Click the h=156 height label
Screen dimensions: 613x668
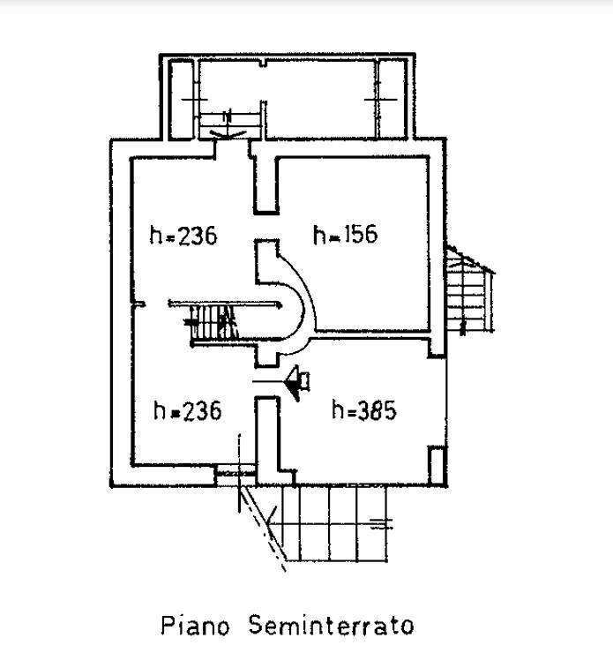click(345, 235)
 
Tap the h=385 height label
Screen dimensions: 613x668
click(364, 410)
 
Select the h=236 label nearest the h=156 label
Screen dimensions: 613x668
click(183, 235)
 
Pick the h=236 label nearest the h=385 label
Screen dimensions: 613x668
click(187, 410)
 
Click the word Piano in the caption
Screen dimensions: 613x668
click(196, 626)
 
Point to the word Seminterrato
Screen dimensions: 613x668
click(331, 625)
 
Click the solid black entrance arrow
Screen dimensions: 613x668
click(297, 381)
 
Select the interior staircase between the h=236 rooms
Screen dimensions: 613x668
click(213, 323)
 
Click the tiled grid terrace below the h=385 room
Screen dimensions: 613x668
click(330, 524)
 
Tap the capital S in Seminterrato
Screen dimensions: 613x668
click(256, 625)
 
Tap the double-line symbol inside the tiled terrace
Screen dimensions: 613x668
click(381, 523)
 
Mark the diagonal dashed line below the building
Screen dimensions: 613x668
click(263, 529)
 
